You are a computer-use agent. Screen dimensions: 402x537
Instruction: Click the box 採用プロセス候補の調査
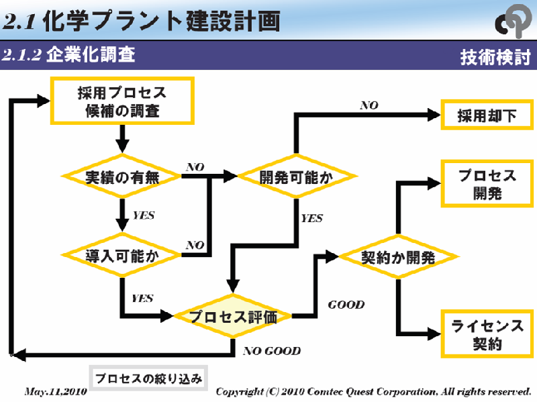(122, 101)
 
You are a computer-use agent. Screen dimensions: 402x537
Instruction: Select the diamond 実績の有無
(121, 177)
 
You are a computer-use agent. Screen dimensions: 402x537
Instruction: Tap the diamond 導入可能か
(121, 255)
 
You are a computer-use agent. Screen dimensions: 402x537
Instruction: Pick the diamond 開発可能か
(296, 177)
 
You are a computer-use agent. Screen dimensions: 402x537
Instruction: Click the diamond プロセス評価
(233, 316)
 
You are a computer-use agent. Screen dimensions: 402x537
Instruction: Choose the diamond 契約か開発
(398, 256)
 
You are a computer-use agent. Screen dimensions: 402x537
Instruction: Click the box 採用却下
(487, 115)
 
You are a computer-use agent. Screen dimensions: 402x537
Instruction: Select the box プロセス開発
(487, 184)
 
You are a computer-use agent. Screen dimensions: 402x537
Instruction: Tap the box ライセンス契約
(487, 335)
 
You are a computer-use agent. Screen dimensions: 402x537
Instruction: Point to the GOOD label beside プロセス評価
(346, 305)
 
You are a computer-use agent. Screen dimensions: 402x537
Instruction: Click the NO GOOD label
(272, 350)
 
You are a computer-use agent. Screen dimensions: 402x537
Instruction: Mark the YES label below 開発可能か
(311, 218)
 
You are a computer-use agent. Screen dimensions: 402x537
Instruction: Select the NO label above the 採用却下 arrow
(369, 105)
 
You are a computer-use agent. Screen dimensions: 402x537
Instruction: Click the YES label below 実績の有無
(144, 215)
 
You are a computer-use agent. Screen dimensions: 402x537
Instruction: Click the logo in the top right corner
(514, 21)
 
